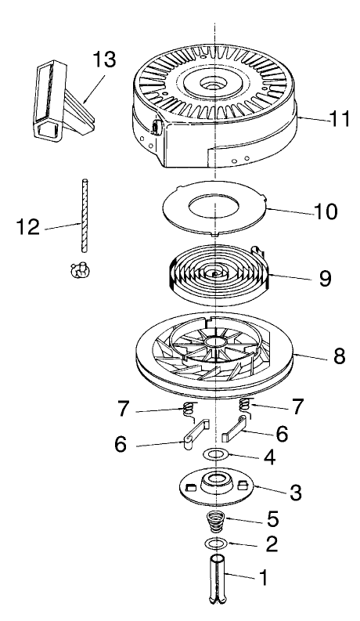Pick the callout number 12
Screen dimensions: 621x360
tap(28, 229)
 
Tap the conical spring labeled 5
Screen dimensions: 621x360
tap(217, 520)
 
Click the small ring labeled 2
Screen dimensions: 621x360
tap(217, 543)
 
